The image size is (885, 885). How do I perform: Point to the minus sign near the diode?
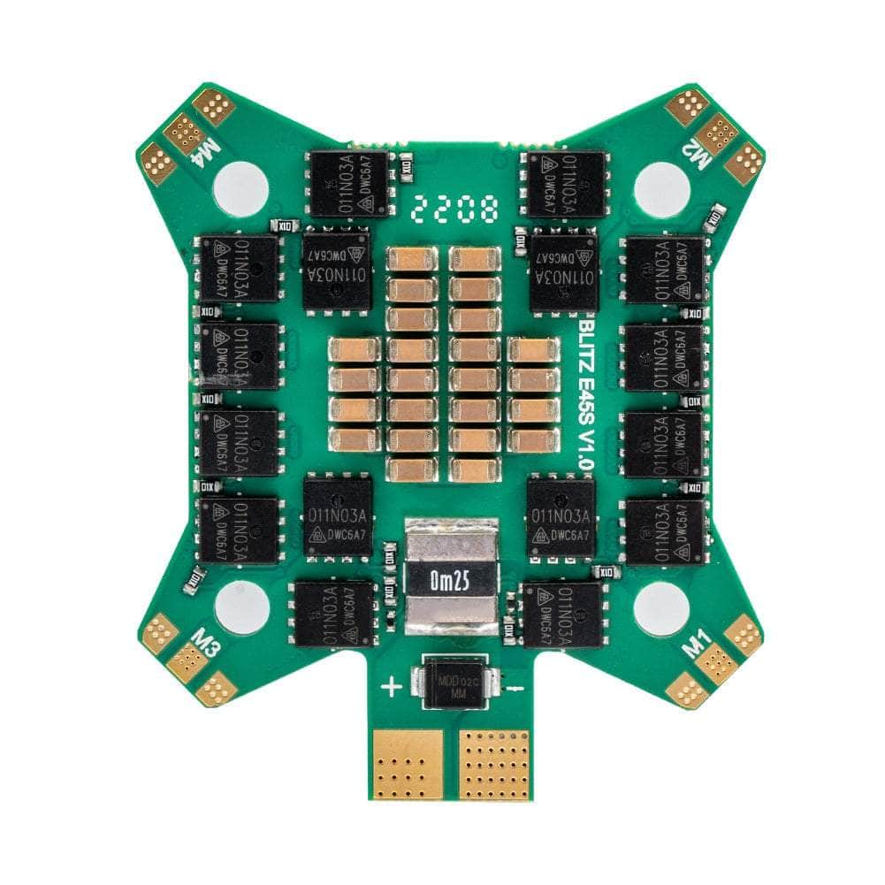pyautogui.click(x=519, y=686)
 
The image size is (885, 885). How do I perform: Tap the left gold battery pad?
pyautogui.click(x=408, y=763)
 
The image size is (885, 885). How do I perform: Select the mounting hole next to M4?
pyautogui.click(x=240, y=187)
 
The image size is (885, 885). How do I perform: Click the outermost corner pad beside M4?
pyautogui.click(x=156, y=161)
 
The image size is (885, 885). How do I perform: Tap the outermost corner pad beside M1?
pyautogui.click(x=744, y=634)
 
